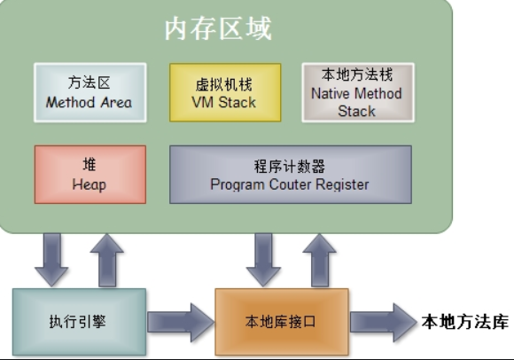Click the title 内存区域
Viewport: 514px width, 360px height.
click(218, 29)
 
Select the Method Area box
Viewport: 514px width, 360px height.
click(89, 92)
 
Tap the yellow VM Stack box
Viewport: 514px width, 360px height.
click(225, 92)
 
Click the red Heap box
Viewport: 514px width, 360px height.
click(89, 175)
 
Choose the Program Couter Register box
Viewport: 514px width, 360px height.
click(290, 175)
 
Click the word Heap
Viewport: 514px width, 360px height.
click(89, 184)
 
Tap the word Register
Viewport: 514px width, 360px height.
click(341, 184)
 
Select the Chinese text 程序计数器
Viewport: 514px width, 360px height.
click(290, 166)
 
